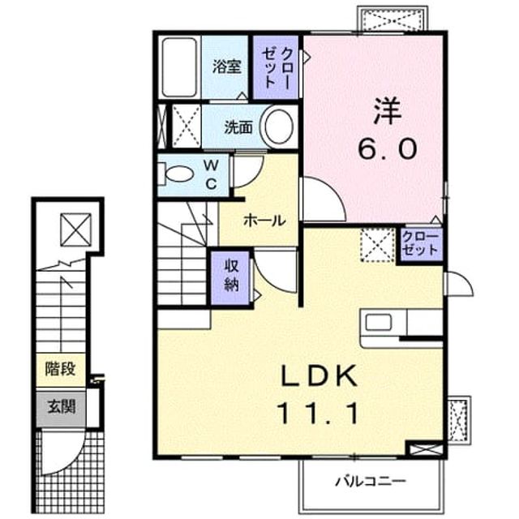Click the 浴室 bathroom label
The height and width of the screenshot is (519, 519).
point(226,66)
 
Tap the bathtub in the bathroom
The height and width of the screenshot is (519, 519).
point(179,67)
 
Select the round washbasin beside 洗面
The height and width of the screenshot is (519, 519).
point(279,126)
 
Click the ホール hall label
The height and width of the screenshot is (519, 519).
point(264,221)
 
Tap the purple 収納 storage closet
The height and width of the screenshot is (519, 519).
point(230,277)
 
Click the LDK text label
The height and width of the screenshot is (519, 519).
point(320,375)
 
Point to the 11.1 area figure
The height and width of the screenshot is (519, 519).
point(320,413)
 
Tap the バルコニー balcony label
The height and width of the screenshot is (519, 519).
point(371,481)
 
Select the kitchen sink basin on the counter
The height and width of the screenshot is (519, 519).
point(379,322)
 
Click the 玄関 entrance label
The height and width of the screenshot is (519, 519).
point(62,406)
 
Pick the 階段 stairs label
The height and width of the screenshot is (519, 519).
point(61,369)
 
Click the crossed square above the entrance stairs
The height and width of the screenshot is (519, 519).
point(75,229)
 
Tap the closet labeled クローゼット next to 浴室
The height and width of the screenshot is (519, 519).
point(276,67)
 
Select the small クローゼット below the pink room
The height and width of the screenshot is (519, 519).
point(420,245)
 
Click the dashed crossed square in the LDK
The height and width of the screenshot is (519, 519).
point(378,245)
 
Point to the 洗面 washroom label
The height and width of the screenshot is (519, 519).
point(238,127)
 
